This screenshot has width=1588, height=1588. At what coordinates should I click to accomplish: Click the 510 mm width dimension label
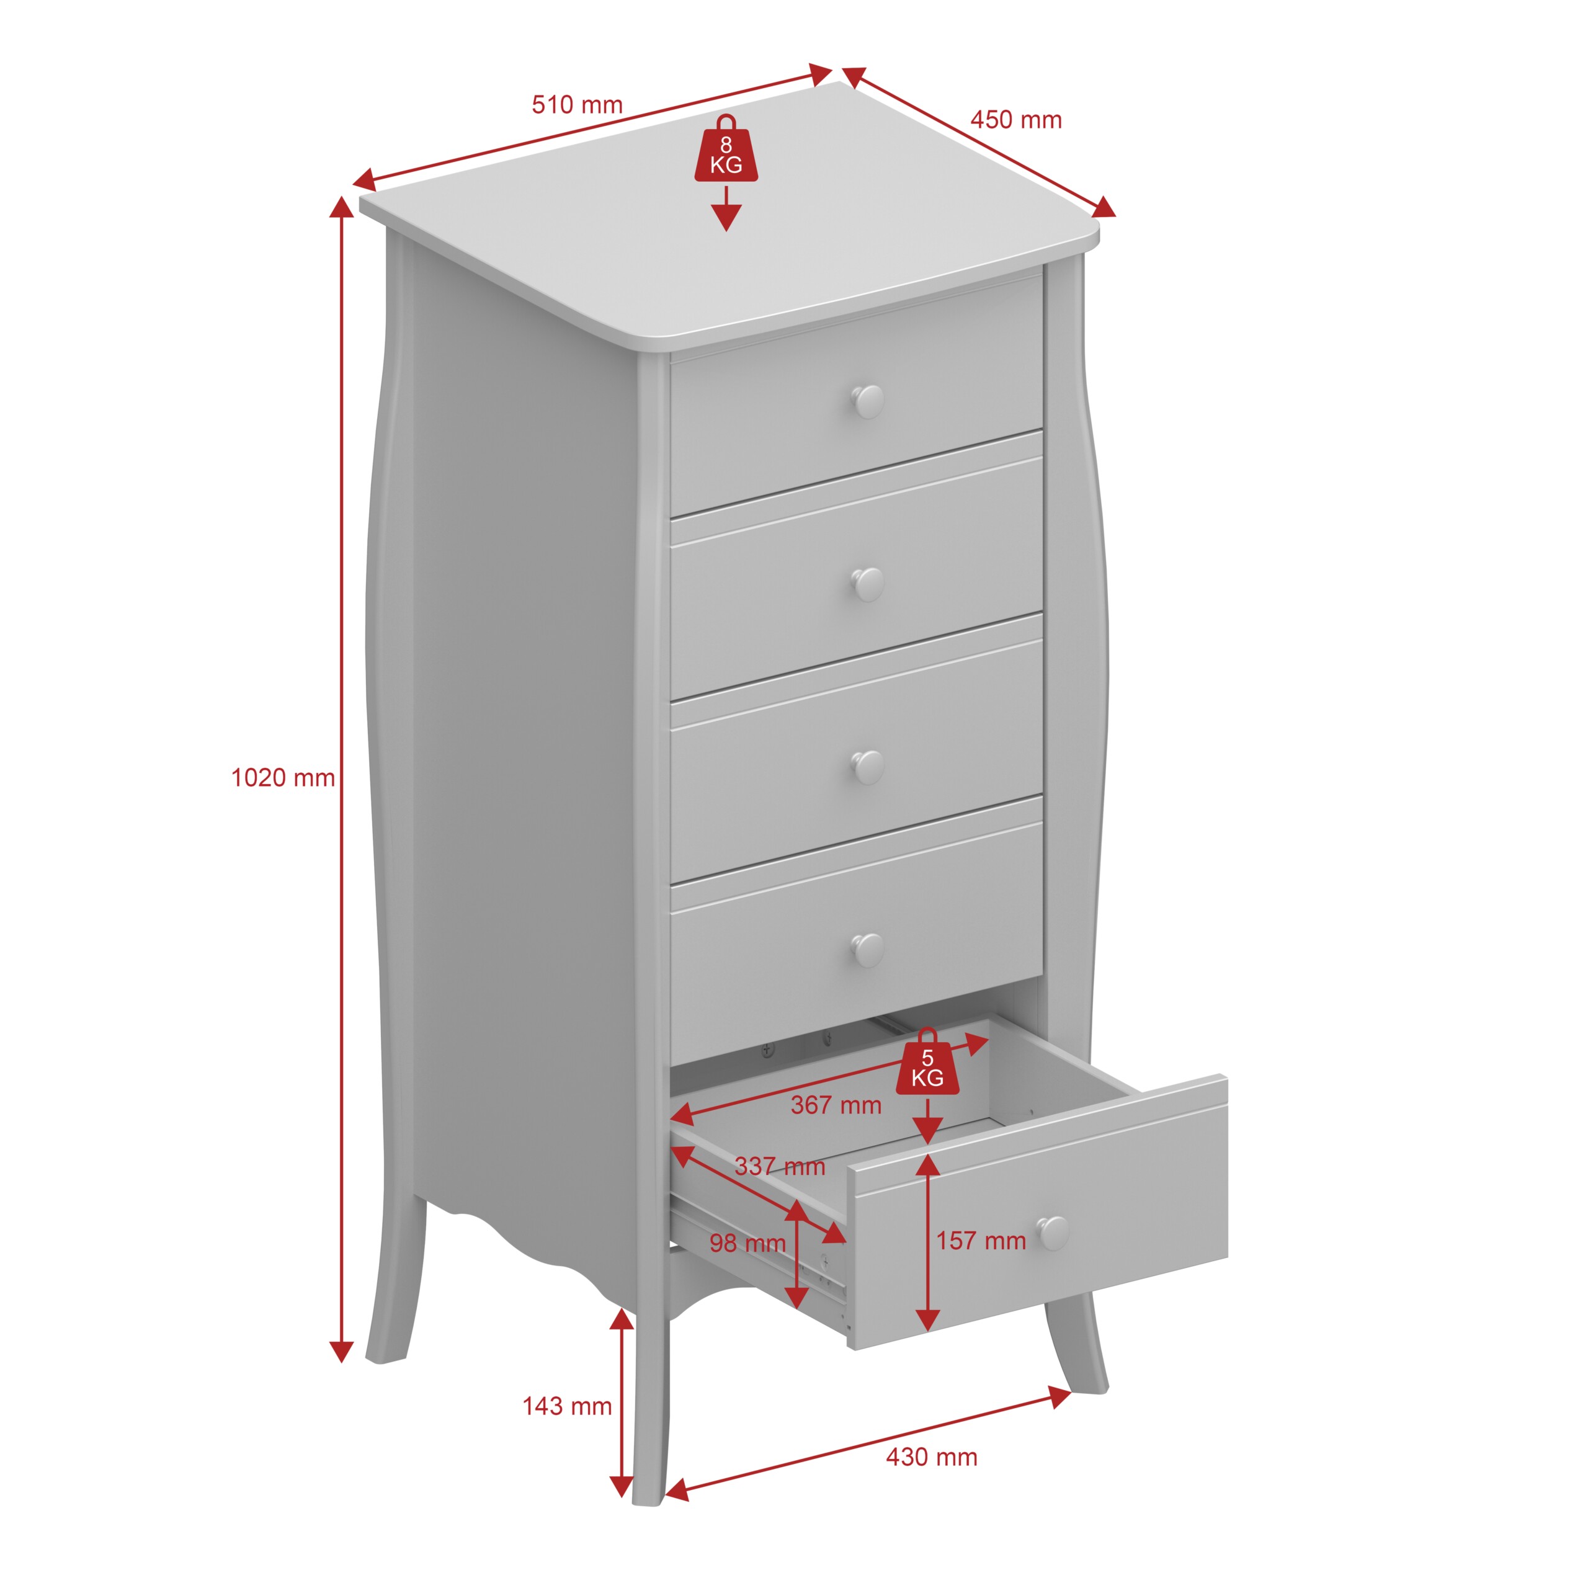coord(577,105)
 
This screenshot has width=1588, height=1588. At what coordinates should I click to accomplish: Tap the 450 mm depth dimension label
coord(1016,120)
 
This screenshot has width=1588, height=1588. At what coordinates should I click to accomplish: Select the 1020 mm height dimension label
coord(283,777)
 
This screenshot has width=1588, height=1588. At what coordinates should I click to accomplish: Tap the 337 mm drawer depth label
coord(780,1166)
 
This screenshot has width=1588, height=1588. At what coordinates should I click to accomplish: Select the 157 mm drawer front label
coord(981,1241)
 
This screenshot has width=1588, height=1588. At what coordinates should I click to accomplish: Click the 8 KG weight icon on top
coord(726,149)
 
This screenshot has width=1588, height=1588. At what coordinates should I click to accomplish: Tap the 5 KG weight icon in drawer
coord(927,1062)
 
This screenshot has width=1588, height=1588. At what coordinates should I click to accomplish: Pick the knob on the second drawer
coord(867,584)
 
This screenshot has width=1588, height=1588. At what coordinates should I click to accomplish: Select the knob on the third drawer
coord(867,767)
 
